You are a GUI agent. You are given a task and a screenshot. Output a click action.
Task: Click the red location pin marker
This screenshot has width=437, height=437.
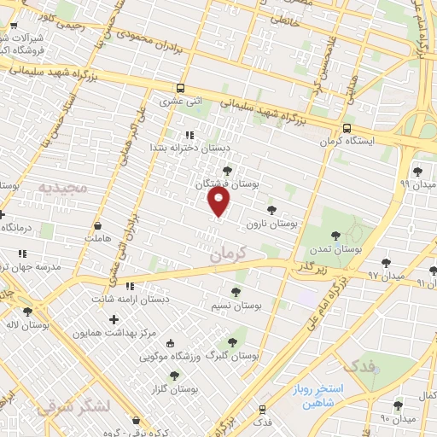click(219, 201)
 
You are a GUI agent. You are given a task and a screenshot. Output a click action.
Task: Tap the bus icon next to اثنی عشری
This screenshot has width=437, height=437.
click(180, 88)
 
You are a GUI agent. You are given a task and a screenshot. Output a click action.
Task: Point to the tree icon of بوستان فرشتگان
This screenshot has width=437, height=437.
click(225, 171)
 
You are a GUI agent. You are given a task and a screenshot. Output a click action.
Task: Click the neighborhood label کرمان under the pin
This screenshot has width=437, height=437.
click(226, 253)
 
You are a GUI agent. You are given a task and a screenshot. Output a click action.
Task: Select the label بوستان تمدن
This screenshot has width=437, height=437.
click(335, 249)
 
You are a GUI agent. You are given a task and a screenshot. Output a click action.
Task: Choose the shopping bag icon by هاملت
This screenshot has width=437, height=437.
click(99, 225)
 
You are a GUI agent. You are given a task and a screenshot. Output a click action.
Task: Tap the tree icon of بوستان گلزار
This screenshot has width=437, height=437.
click(174, 376)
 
